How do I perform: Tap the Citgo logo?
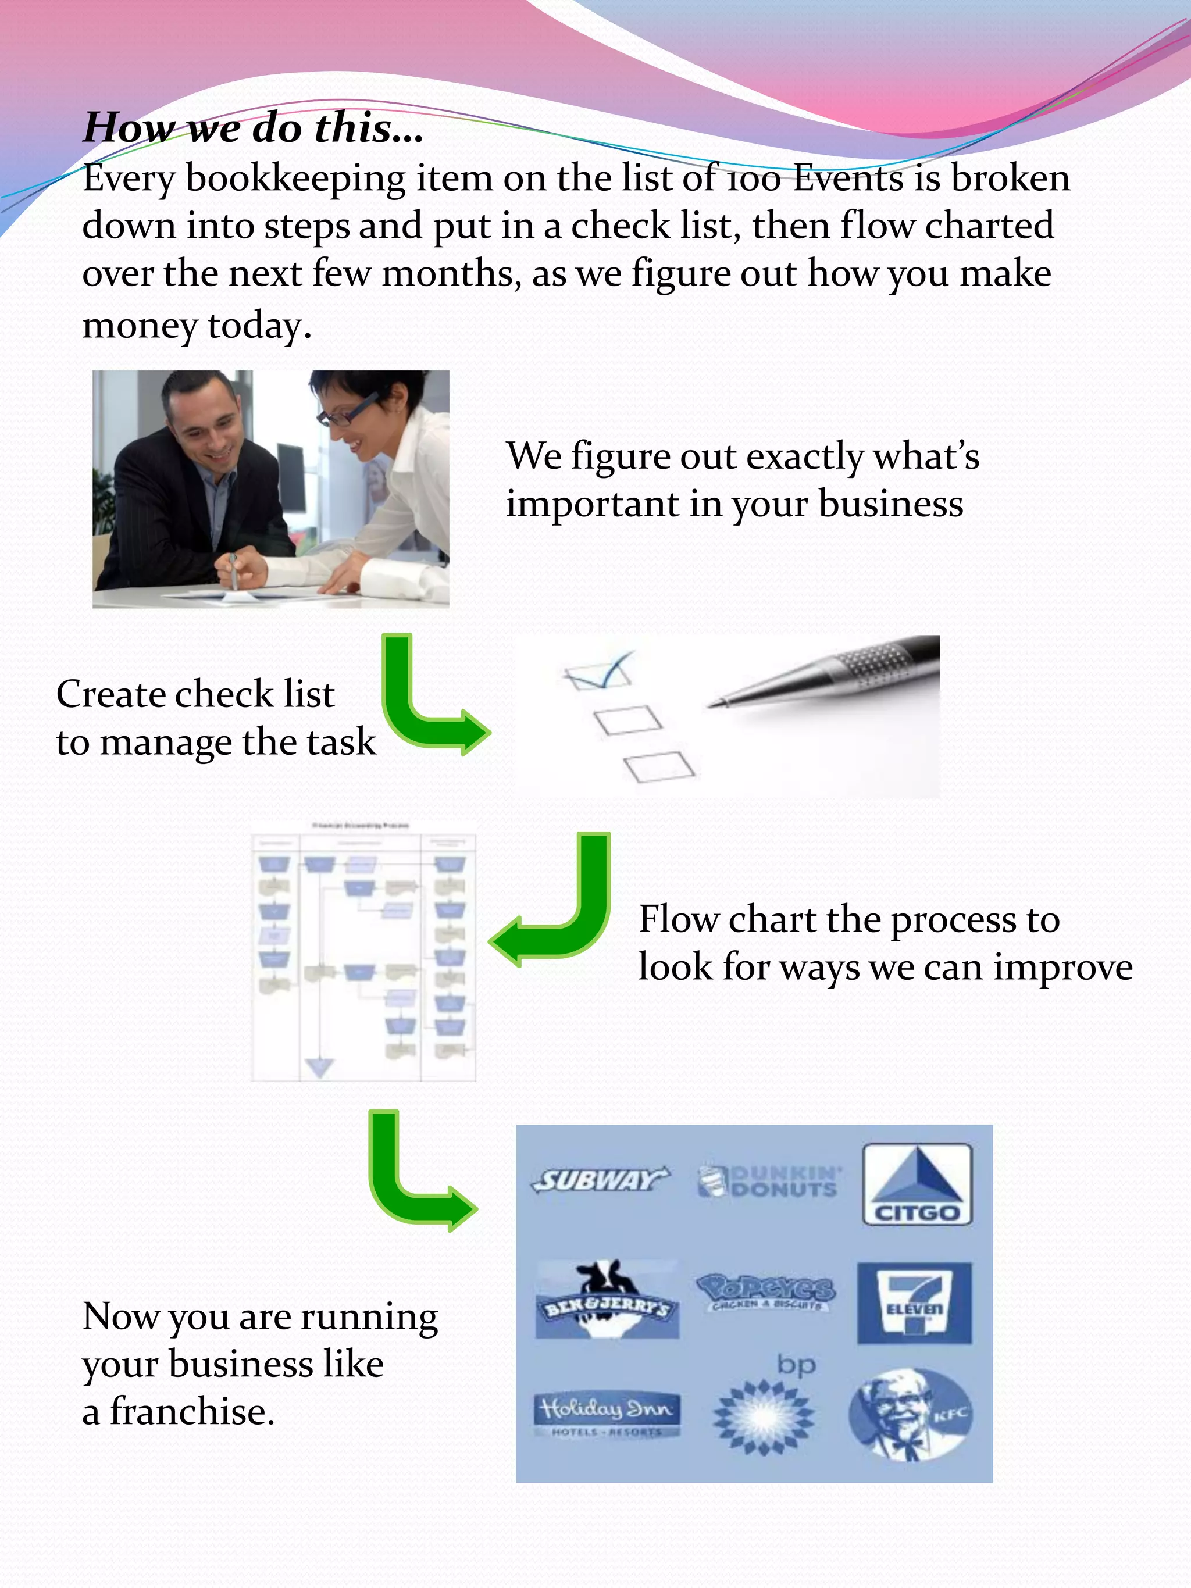(917, 1184)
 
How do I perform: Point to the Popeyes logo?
(766, 1292)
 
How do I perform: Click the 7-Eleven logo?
(914, 1302)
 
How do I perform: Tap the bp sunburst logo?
(764, 1414)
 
